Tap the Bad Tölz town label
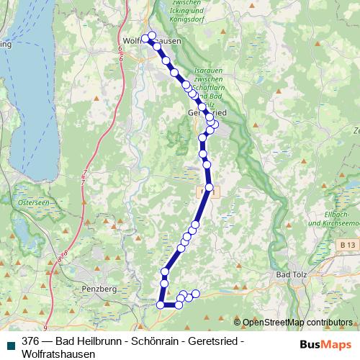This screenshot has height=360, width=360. click(293, 275)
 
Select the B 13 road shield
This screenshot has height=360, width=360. click(347, 246)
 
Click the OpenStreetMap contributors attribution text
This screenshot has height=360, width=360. click(297, 322)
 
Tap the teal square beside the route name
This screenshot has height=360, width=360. click(10, 343)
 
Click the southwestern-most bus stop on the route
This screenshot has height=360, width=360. click(161, 305)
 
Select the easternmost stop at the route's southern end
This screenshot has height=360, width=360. click(195, 293)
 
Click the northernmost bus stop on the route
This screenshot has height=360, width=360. click(151, 35)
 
